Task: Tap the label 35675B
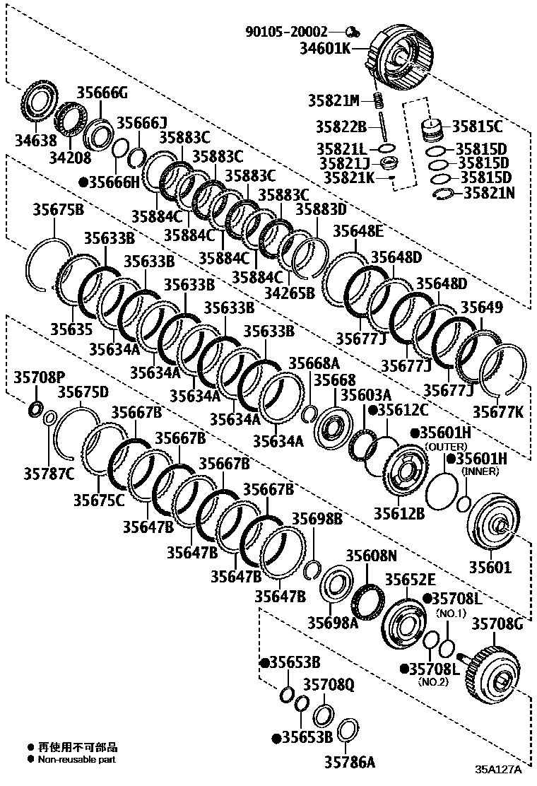58,209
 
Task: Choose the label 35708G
497,623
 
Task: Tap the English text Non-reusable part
77,760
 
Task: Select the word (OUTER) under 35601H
447,447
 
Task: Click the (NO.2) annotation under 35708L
433,682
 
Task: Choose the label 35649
482,307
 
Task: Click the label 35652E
410,580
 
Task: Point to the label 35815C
477,127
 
